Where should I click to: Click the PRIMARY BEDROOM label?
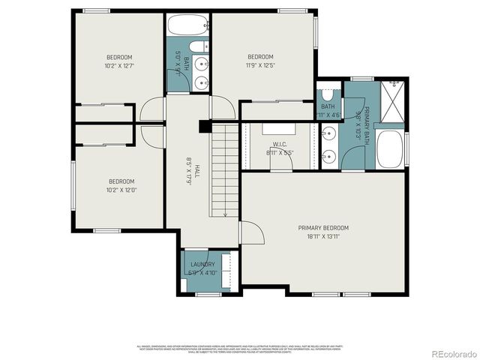point(323,228)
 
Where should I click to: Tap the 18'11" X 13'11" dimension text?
point(323,236)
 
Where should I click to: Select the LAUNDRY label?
point(202,265)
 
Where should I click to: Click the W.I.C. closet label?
point(280,144)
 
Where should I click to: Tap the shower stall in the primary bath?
point(393,99)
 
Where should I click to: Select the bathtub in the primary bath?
point(391,150)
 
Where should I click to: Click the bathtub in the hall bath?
point(188,25)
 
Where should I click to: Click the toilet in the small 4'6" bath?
point(328,97)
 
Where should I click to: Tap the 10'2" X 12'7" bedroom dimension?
point(119,66)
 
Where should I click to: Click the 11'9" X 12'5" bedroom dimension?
point(260,65)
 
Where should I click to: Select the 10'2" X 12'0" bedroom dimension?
point(121,190)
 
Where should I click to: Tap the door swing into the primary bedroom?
point(253,234)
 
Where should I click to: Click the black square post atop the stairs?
point(203,127)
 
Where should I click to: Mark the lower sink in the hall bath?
point(201,82)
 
